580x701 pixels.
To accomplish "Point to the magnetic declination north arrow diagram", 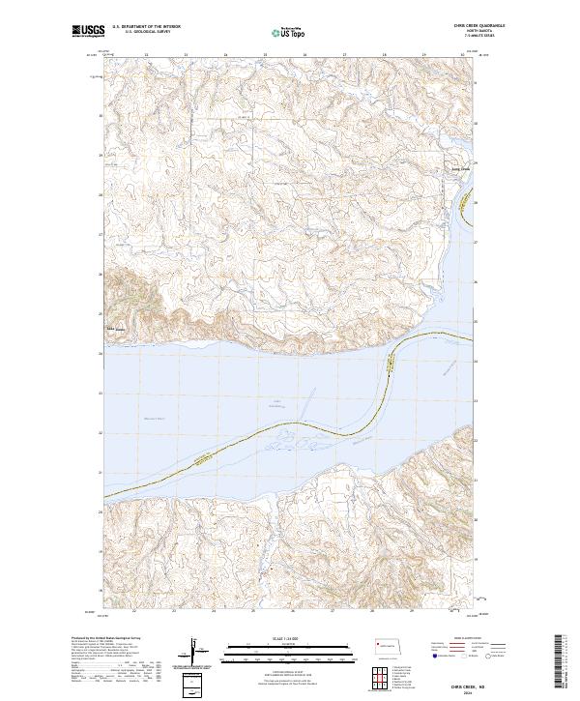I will click(x=196, y=650).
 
